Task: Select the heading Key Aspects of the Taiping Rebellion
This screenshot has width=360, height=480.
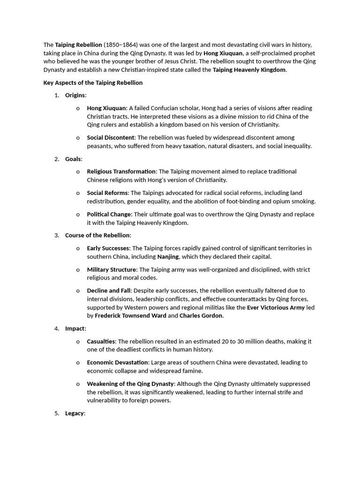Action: (93, 82)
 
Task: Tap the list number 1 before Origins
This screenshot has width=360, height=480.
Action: (56, 95)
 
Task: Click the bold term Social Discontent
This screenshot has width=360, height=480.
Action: (111, 137)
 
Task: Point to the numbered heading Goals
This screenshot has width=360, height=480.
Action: (73, 159)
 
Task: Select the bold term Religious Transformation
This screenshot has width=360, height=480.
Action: (121, 172)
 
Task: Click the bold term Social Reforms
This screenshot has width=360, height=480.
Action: (107, 193)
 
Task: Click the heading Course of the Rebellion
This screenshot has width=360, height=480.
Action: (97, 235)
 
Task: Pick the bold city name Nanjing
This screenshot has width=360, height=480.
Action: (168, 256)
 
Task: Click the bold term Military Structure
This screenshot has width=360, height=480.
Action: (112, 270)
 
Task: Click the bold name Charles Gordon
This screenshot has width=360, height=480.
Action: (202, 316)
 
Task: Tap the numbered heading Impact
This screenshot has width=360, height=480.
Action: (75, 329)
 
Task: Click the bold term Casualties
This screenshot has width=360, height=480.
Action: (101, 341)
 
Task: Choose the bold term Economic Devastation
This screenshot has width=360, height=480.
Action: (117, 362)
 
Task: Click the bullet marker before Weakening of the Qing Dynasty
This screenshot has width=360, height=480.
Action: (77, 384)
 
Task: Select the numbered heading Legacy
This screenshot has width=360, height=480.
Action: (75, 413)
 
